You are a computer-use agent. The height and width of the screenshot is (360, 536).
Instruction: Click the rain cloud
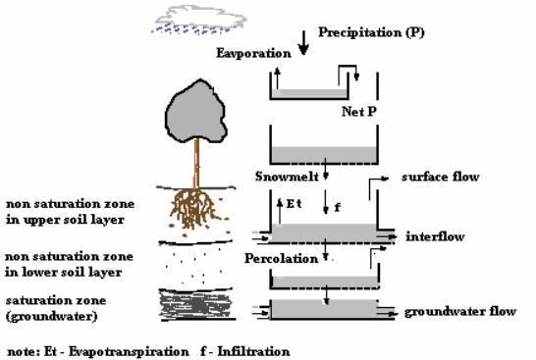point(199,20)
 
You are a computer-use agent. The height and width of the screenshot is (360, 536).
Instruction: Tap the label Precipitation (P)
point(371,32)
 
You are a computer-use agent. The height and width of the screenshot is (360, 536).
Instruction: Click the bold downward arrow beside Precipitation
point(303,43)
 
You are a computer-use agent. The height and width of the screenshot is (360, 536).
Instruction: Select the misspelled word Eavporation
point(253,53)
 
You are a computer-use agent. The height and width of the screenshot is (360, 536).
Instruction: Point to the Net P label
point(359,112)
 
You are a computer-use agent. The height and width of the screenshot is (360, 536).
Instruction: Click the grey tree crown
point(196,111)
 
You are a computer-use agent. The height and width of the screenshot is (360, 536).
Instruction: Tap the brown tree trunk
point(196,164)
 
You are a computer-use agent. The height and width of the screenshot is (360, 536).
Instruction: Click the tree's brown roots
point(194,209)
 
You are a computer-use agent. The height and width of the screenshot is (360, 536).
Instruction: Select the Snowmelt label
point(287,177)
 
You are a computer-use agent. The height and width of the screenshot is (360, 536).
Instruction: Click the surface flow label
point(440,177)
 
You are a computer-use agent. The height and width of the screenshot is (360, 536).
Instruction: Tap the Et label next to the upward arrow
point(294,204)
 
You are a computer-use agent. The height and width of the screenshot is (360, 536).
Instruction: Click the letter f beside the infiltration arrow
point(337,207)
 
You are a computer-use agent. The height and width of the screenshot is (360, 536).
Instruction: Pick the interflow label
point(435,236)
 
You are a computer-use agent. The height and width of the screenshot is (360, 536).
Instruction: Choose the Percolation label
point(281,259)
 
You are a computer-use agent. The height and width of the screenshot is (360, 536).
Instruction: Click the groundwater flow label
point(460,312)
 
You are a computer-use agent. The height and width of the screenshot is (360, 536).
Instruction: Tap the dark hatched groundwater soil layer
point(196,305)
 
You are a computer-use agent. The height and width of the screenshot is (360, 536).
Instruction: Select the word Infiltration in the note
point(253,351)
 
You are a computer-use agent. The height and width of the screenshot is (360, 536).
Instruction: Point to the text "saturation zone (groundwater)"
point(56,308)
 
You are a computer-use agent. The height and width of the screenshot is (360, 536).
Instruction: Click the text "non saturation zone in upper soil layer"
point(70,212)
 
